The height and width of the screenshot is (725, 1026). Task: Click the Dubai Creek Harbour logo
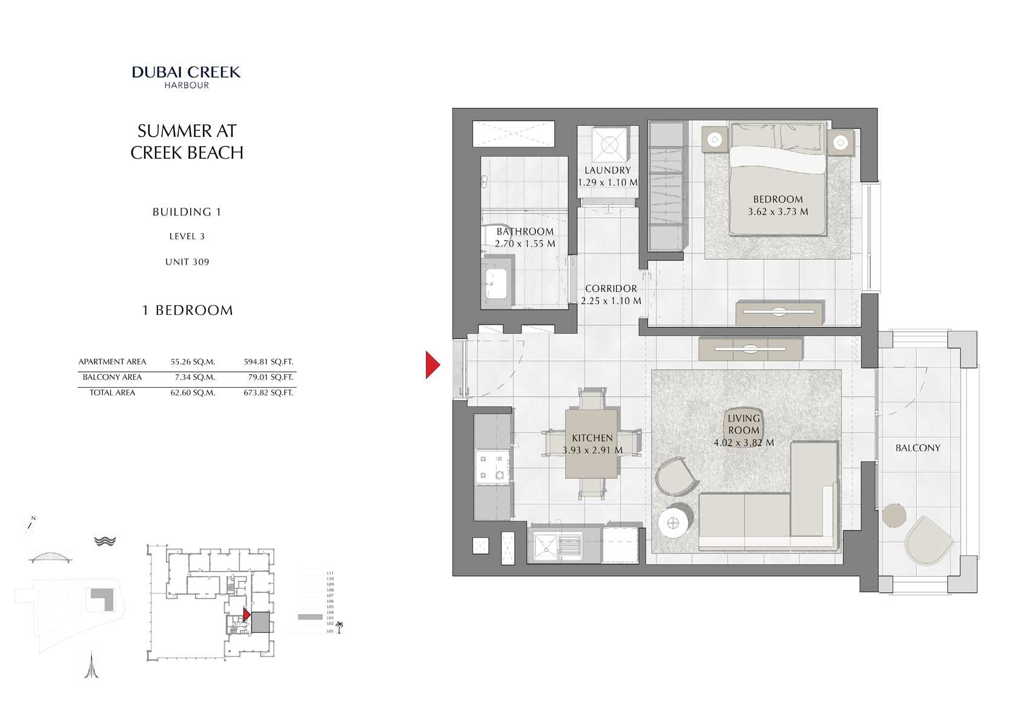click(187, 77)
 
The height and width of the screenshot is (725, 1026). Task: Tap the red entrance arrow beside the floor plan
click(432, 365)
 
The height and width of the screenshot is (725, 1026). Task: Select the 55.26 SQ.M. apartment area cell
click(193, 362)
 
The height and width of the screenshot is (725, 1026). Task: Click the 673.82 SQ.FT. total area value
click(268, 393)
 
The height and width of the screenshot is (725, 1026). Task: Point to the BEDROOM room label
click(778, 199)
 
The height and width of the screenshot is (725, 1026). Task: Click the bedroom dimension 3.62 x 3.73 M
click(778, 212)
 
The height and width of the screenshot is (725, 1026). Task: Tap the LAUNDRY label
click(607, 170)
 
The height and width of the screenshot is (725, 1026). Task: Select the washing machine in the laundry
click(609, 145)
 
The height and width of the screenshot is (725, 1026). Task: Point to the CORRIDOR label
click(611, 289)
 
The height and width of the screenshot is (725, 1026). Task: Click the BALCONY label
click(918, 448)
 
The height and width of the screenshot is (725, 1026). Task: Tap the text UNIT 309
click(187, 262)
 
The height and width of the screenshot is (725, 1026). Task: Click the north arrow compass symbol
click(30, 525)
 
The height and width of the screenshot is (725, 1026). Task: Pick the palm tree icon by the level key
click(339, 627)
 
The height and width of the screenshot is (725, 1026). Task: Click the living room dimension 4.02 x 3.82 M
click(744, 443)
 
